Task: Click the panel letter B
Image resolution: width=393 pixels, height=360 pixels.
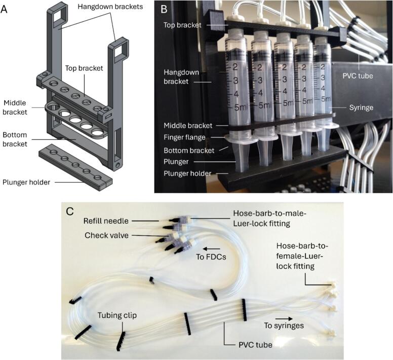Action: pos(164,9)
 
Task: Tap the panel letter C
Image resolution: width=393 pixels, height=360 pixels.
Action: pos(70,211)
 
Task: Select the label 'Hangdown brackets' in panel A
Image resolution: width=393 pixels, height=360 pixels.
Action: pos(110,7)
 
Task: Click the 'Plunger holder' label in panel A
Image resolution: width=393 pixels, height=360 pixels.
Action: pos(26,182)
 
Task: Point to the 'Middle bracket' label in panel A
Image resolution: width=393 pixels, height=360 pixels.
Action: pos(15,107)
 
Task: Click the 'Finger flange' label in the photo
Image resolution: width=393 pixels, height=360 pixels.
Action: pos(184,137)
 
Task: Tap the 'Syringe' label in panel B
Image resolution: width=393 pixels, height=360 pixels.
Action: pos(361,107)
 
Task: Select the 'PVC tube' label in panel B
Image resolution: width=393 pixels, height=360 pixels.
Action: pos(358,76)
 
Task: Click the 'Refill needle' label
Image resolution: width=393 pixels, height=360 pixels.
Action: pos(106,221)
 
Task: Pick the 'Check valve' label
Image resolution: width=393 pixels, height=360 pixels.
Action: pos(106,235)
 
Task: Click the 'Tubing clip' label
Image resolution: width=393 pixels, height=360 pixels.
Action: pos(117,315)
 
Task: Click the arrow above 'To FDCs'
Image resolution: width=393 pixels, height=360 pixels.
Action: pos(211,249)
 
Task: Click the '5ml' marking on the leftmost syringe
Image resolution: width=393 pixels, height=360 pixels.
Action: pos(241,107)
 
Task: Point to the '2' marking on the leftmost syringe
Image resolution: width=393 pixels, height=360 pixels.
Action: pos(235,67)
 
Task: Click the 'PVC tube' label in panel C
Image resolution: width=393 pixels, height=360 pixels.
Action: pos(255,345)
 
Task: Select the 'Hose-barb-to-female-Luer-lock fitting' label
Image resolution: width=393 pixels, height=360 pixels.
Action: pos(302,256)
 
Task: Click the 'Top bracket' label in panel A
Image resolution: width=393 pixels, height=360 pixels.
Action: pos(84,68)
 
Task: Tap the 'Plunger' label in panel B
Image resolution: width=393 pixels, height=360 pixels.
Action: pos(176,162)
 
